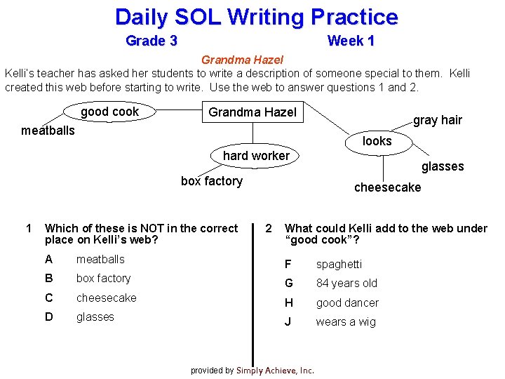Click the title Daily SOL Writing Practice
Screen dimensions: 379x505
pos(256,17)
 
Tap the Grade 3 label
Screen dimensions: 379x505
pos(151,41)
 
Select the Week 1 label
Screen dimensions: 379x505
pos(351,41)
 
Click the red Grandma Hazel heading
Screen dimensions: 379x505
pos(242,60)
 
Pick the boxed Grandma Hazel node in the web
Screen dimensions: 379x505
pos(252,112)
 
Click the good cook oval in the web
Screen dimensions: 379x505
pos(109,112)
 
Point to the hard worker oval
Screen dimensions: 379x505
pos(256,156)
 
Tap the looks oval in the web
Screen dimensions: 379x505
pos(377,141)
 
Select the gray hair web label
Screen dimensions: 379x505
pos(438,120)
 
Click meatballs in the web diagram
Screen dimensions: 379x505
pos(48,130)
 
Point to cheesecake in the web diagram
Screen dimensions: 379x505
pos(388,187)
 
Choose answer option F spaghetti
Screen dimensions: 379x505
pos(339,265)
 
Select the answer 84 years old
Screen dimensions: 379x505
pos(346,284)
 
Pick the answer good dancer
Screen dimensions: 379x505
pos(347,302)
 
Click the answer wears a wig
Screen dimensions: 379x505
pos(346,322)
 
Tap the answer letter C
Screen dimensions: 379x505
pos(49,298)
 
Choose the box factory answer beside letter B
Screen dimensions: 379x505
pos(103,279)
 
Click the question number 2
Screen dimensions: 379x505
pos(269,228)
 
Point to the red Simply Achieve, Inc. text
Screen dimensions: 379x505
pos(275,371)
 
